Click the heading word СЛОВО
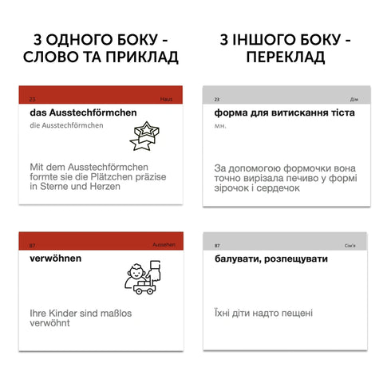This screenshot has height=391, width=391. [54, 57]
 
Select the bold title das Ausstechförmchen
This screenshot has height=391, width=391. [78, 113]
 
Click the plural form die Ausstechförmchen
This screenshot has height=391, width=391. [61, 125]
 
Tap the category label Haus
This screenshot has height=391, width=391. [166, 98]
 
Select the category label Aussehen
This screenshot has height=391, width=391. [163, 245]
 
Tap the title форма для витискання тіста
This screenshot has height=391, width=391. [284, 113]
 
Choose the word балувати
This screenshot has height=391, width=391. [242, 259]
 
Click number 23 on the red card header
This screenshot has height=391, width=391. [32, 98]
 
